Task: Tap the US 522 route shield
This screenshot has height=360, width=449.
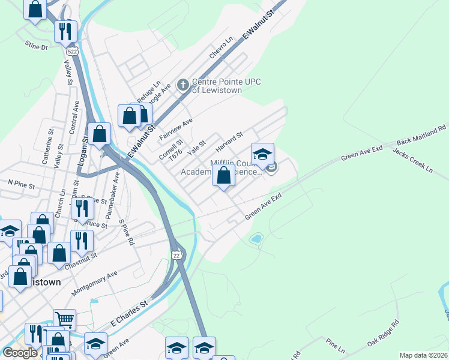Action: point(73,52)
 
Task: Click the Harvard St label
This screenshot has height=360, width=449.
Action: point(229,142)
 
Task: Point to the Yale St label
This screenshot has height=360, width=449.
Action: point(196,148)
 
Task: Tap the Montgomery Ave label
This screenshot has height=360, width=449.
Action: point(95,283)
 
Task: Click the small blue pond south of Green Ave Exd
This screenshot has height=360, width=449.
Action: point(256,239)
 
